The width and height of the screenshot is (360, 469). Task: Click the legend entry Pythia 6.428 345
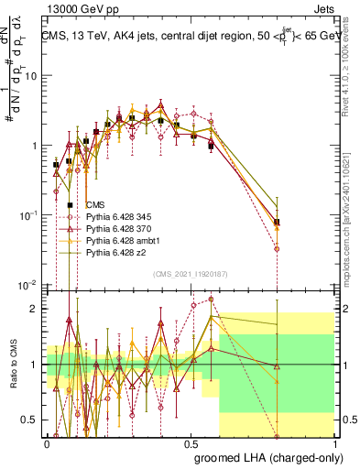(x=119, y=216)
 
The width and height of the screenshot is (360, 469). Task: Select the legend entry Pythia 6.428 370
(x=119, y=228)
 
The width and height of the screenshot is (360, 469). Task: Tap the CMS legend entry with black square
(x=95, y=204)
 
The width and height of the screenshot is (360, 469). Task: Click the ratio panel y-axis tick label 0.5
(x=31, y=420)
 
